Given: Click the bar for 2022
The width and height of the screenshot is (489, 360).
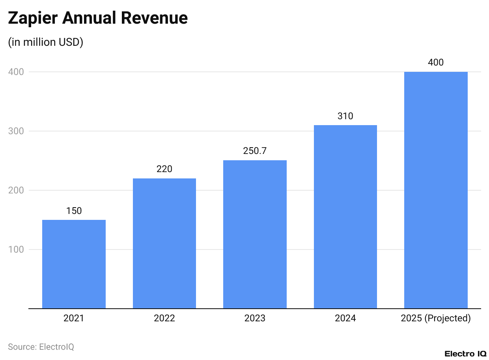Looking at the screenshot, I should tap(164, 243).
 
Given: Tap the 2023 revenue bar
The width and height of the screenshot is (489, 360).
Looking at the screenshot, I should tap(255, 234).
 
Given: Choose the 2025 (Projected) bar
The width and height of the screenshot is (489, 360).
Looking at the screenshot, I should tap(436, 190).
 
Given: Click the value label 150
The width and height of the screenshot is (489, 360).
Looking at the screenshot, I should tap(74, 211).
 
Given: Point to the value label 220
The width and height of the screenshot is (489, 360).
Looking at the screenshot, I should tap(164, 169).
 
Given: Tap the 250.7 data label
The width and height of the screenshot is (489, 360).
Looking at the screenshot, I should tap(255, 151).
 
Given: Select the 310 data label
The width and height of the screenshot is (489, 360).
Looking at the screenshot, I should tap(345, 116).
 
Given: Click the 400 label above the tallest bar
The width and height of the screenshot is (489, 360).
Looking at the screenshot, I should tap(436, 62).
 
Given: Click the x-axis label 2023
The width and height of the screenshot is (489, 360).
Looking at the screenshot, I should tap(255, 318).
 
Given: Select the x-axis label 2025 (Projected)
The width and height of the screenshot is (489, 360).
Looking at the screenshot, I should tap(436, 318).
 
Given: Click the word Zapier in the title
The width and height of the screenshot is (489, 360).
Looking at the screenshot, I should tap(32, 19).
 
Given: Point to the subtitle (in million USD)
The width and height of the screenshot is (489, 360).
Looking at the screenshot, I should tap(46, 42).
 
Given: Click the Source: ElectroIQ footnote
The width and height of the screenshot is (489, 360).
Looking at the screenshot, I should tap(41, 347).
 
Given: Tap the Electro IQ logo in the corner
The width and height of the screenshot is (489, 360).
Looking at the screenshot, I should tap(465, 354).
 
